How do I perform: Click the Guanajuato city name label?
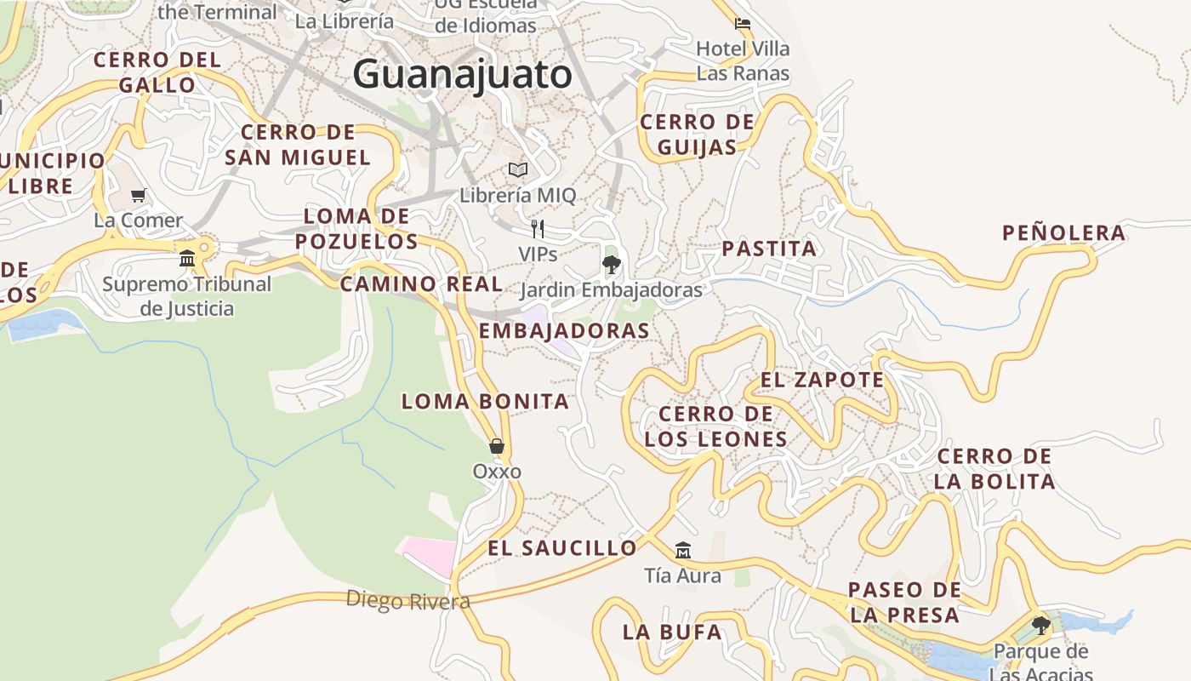pos(462,74)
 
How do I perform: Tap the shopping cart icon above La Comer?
pos(139,195)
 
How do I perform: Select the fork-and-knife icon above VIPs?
pos(538,228)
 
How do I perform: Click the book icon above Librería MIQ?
pos(518,169)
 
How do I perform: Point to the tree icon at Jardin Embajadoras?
pos(611,264)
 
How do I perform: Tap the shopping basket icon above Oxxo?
pos(497,445)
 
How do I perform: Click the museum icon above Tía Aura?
pos(682,550)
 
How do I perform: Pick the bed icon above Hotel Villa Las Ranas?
pos(743,24)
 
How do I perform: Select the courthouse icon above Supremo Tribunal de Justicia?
pos(187,258)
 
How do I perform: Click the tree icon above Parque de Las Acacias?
pos(1040,626)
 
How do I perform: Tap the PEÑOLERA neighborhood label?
pos(1063,233)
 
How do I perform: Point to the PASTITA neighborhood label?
pos(769,249)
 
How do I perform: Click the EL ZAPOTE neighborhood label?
pos(822,380)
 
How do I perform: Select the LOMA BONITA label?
pos(484,402)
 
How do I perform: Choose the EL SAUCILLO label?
pos(561,548)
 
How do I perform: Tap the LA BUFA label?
pos(672,632)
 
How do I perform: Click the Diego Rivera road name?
pos(407,601)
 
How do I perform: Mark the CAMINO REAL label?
pos(421,284)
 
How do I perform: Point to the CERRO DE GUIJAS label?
pos(698,134)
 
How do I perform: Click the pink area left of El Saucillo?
pos(430,554)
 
